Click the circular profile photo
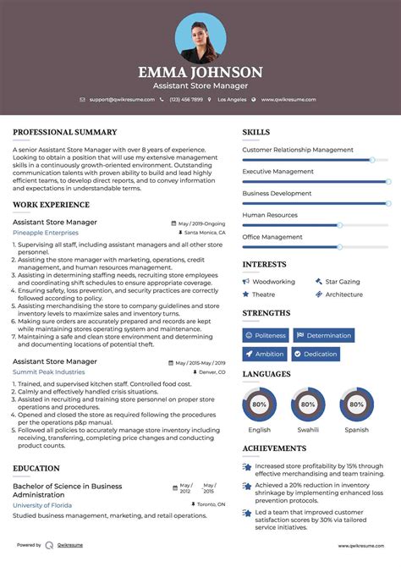pyautogui.click(x=200, y=36)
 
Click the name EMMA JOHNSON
pyautogui.click(x=200, y=72)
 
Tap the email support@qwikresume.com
pyautogui.click(x=120, y=100)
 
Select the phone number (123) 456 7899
pyautogui.click(x=185, y=100)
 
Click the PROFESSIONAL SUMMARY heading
pyautogui.click(x=65, y=132)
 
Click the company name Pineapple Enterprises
pyautogui.click(x=45, y=232)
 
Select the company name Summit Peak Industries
pyautogui.click(x=49, y=372)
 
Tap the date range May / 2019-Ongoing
pyautogui.click(x=201, y=223)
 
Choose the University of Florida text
pyautogui.click(x=43, y=505)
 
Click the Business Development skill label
pyautogui.click(x=277, y=193)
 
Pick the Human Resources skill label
pyautogui.click(x=270, y=215)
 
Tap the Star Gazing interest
pyautogui.click(x=343, y=281)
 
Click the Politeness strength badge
pyautogui.click(x=266, y=335)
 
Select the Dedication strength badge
pyautogui.click(x=316, y=354)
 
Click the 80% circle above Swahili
pyautogui.click(x=308, y=405)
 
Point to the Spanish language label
pyautogui.click(x=356, y=430)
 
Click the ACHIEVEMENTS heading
pyautogui.click(x=274, y=449)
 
